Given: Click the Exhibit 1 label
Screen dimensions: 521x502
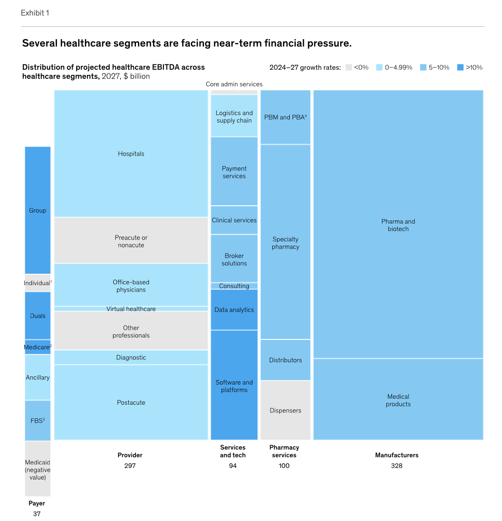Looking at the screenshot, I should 35,13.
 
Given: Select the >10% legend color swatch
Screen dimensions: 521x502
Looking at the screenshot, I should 460,68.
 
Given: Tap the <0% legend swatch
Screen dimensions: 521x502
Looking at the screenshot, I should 349,68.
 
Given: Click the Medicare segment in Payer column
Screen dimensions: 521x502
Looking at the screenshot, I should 37,347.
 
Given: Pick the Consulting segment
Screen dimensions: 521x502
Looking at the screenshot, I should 234,286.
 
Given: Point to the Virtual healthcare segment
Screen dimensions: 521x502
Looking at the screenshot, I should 131,309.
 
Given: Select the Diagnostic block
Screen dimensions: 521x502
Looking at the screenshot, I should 131,357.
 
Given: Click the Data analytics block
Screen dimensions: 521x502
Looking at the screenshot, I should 234,310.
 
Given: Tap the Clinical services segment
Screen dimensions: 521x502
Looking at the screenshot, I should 234,220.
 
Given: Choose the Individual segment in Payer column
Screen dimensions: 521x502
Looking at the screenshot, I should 37,283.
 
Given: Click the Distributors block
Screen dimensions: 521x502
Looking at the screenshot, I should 285,360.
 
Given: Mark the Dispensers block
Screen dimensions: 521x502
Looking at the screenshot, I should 285,410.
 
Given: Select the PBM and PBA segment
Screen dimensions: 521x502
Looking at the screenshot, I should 285,117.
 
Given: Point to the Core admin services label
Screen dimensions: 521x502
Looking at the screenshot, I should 234,84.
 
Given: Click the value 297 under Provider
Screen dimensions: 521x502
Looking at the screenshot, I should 130,466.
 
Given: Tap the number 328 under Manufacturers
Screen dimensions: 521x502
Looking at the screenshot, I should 397,466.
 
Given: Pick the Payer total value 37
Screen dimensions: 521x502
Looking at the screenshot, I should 37,514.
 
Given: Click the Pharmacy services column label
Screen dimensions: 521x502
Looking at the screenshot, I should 284,451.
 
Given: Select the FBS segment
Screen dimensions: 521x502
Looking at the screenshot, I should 37,421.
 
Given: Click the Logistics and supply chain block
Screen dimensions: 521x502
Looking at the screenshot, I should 234,116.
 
